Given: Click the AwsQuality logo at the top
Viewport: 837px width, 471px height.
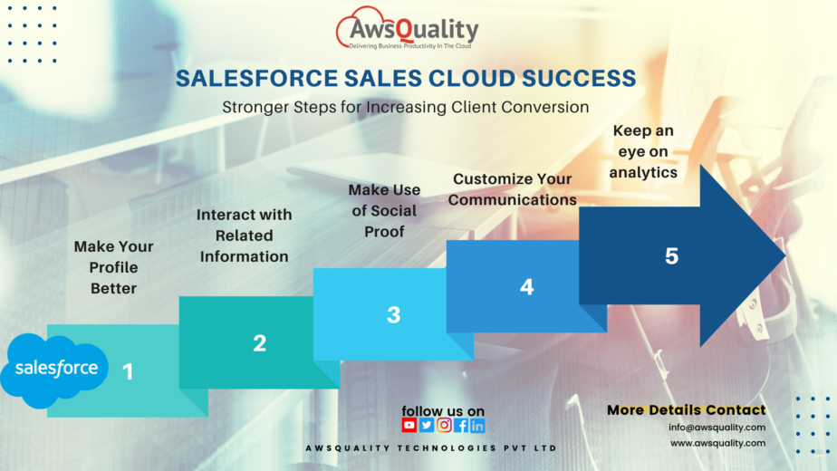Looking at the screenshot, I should [x=408, y=31].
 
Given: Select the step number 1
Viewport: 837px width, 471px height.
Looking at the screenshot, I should [x=128, y=371].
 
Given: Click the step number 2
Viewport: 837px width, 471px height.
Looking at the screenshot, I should [x=260, y=343].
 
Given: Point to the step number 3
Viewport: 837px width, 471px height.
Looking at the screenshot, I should [x=393, y=315].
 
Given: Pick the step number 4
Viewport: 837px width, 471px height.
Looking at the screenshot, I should [x=526, y=287].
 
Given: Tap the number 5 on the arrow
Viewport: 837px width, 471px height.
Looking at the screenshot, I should [x=671, y=256].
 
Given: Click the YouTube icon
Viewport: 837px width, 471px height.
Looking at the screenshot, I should [x=409, y=425].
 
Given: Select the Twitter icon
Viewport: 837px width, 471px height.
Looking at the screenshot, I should [x=427, y=425].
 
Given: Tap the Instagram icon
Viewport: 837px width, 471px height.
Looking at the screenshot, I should [x=444, y=425].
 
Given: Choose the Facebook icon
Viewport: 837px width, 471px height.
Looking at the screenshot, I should [x=461, y=425].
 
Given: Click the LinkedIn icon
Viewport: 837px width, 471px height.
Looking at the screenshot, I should [x=477, y=425].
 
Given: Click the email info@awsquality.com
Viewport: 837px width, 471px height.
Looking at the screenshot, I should [x=717, y=428].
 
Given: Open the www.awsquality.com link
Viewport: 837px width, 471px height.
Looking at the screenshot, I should [x=717, y=443].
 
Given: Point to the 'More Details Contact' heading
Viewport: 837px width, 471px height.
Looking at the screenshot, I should [x=686, y=410].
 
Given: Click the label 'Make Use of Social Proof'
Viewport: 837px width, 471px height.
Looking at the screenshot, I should [x=384, y=210].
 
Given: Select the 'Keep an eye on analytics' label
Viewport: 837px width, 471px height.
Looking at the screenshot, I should [x=643, y=151].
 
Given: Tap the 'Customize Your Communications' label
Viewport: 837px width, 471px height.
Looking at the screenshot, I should [x=512, y=189].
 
